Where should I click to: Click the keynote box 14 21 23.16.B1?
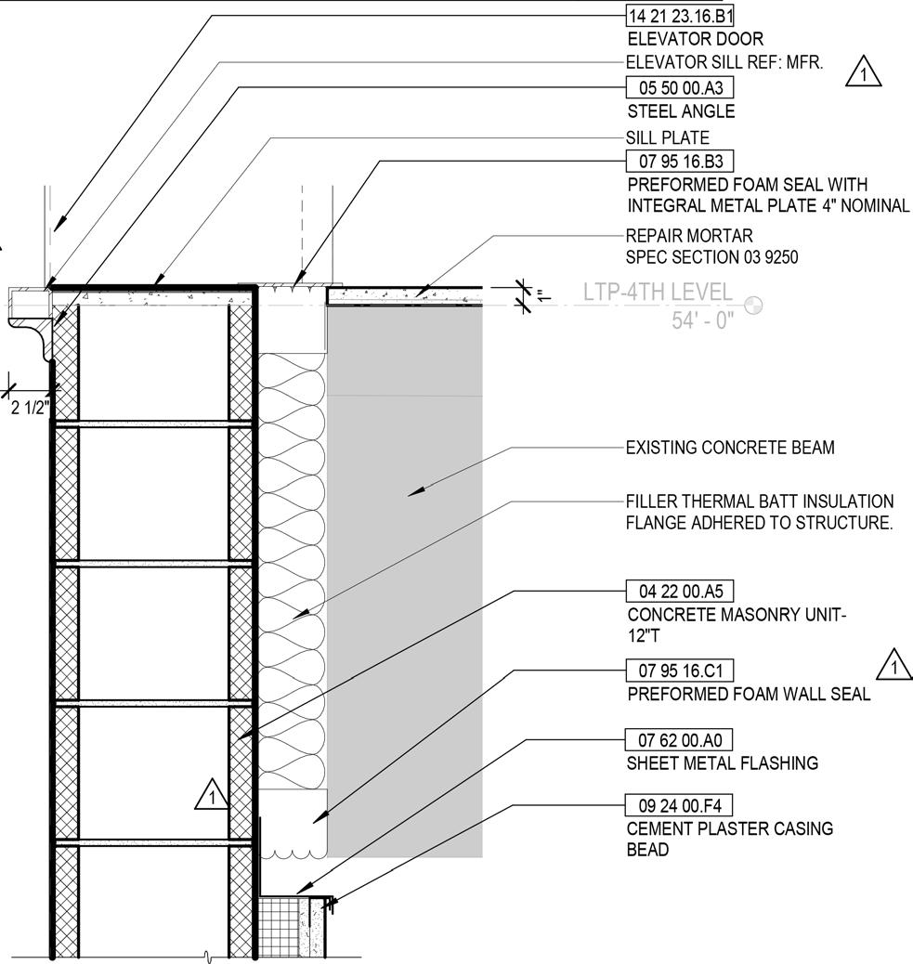(x=681, y=16)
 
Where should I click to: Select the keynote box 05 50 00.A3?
(x=681, y=88)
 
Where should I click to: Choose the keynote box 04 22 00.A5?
(x=681, y=591)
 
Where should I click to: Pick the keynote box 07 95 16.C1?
(x=681, y=670)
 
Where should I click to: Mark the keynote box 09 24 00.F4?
(x=681, y=804)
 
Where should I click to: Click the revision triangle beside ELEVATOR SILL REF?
(x=864, y=72)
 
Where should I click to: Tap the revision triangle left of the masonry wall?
(x=213, y=795)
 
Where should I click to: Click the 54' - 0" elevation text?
(x=703, y=320)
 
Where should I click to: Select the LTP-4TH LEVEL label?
(x=658, y=293)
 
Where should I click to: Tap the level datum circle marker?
(x=752, y=305)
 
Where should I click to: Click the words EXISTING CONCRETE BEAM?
(x=730, y=448)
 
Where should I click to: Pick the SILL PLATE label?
(x=667, y=137)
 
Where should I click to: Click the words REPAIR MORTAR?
(x=689, y=236)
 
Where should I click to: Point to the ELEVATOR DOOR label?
(x=696, y=39)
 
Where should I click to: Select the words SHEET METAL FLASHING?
(x=723, y=763)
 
